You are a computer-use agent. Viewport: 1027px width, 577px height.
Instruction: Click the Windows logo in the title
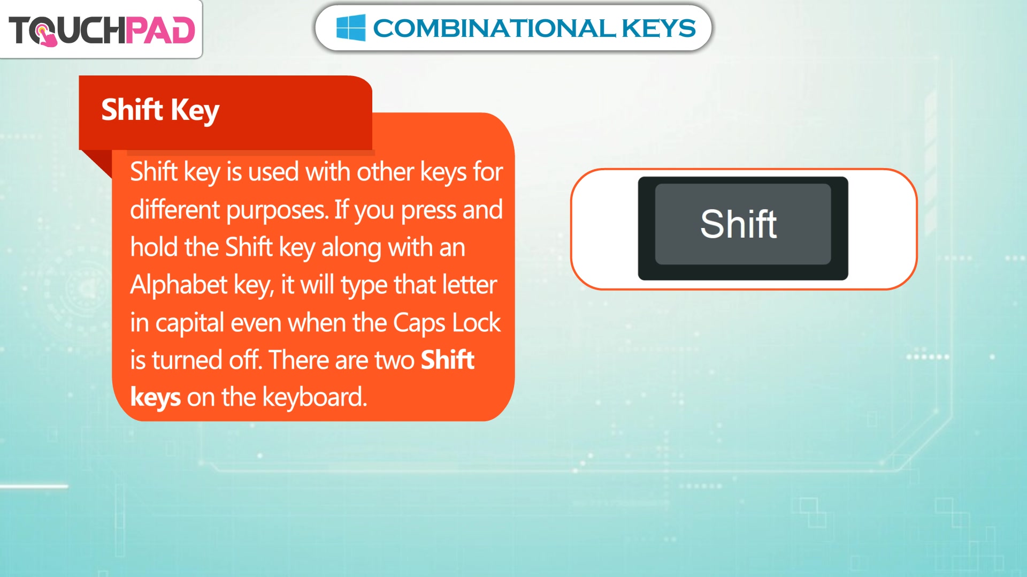(351, 28)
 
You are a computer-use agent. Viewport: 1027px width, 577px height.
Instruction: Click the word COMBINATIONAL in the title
(494, 28)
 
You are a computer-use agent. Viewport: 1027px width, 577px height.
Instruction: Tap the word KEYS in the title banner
(658, 28)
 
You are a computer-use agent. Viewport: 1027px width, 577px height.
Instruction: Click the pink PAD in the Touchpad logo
(160, 30)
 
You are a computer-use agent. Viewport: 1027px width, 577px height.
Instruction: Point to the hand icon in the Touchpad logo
(46, 35)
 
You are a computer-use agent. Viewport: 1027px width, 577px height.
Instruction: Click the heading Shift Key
(160, 111)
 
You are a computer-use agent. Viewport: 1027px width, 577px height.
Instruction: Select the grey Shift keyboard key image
(743, 229)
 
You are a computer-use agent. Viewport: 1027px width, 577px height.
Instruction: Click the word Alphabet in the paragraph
(179, 285)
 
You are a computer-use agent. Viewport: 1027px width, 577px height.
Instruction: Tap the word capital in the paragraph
(189, 323)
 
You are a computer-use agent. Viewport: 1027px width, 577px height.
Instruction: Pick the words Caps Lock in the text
(447, 323)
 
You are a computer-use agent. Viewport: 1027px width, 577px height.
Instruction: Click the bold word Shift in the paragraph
(447, 360)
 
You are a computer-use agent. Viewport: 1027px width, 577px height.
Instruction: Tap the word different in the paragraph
(175, 209)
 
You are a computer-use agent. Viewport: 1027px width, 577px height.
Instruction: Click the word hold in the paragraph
(154, 247)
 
